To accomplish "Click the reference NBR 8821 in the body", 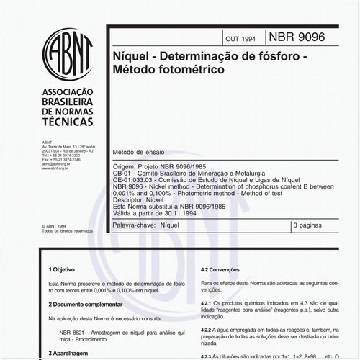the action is tap(73, 332).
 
